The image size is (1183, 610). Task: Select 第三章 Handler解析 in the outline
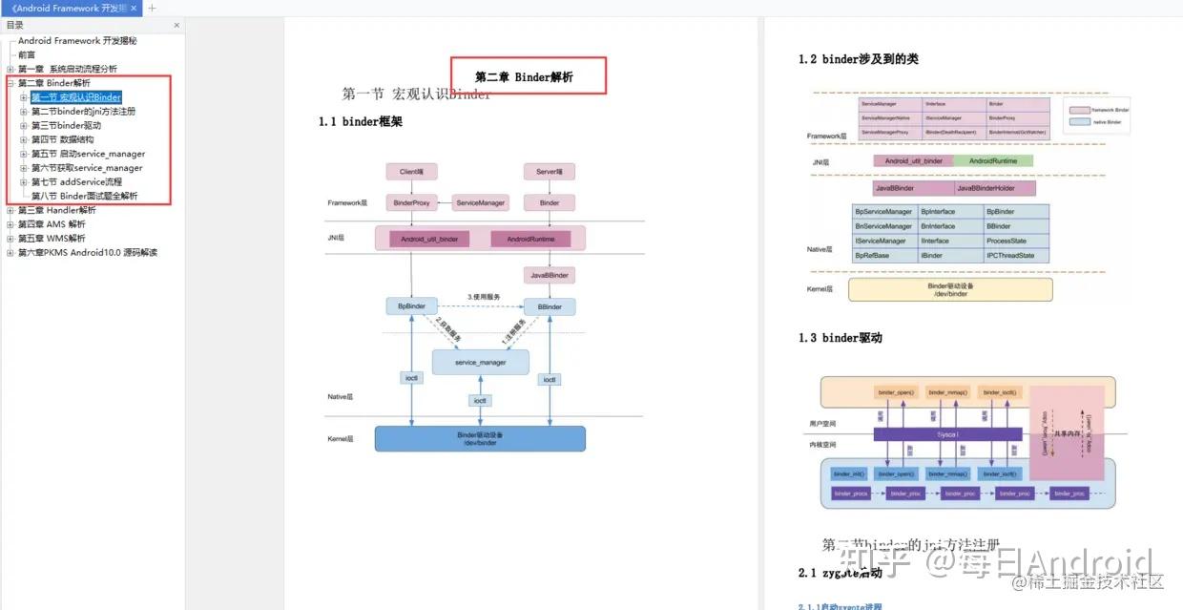(56, 210)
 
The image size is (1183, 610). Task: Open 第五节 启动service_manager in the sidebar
(88, 154)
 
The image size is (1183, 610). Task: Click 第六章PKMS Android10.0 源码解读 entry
(87, 252)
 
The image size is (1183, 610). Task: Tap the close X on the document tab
(134, 9)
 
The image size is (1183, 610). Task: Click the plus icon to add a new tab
(152, 9)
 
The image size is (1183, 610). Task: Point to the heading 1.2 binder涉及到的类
(858, 59)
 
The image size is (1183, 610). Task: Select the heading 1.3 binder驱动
(840, 338)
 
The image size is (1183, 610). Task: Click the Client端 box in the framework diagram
(411, 172)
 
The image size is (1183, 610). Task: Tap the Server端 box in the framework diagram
(549, 172)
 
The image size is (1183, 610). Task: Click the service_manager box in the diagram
(480, 362)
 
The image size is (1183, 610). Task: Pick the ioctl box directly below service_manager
(480, 401)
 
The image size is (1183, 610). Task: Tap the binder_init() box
(848, 473)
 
